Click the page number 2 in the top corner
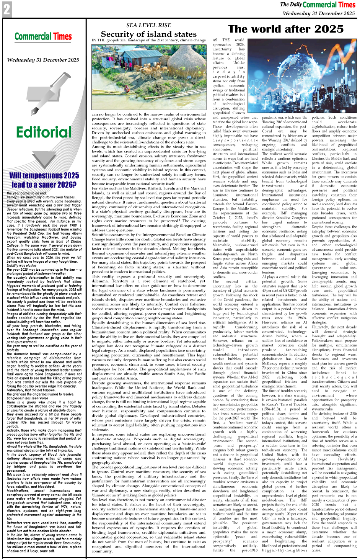[7, 9]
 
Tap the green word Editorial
[44, 132]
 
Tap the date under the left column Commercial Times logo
[43, 60]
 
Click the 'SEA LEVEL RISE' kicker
[149, 25]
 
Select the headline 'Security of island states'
[149, 34]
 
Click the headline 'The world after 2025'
[285, 29]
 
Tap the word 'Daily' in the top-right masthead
[296, 5]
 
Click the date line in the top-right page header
[318, 13]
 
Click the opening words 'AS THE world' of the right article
[228, 40]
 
